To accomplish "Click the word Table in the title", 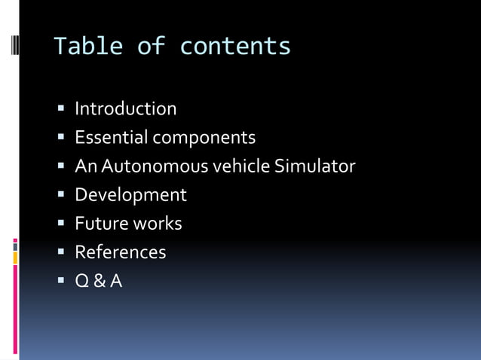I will (x=87, y=47).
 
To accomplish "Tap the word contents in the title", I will (x=235, y=47).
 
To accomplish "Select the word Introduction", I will (x=126, y=109).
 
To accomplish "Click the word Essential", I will (x=111, y=138).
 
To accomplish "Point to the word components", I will (x=204, y=139).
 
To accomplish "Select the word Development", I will (x=130, y=195).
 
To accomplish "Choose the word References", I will (x=121, y=252).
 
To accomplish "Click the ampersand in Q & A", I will (x=99, y=282).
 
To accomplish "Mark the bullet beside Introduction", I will (x=61, y=109).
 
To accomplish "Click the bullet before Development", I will (x=61, y=195).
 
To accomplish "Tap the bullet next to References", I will (x=61, y=252).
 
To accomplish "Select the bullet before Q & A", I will (x=61, y=282).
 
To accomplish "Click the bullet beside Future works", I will (x=61, y=224).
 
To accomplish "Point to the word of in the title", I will (x=151, y=47).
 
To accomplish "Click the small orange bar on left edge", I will (x=15, y=258).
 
